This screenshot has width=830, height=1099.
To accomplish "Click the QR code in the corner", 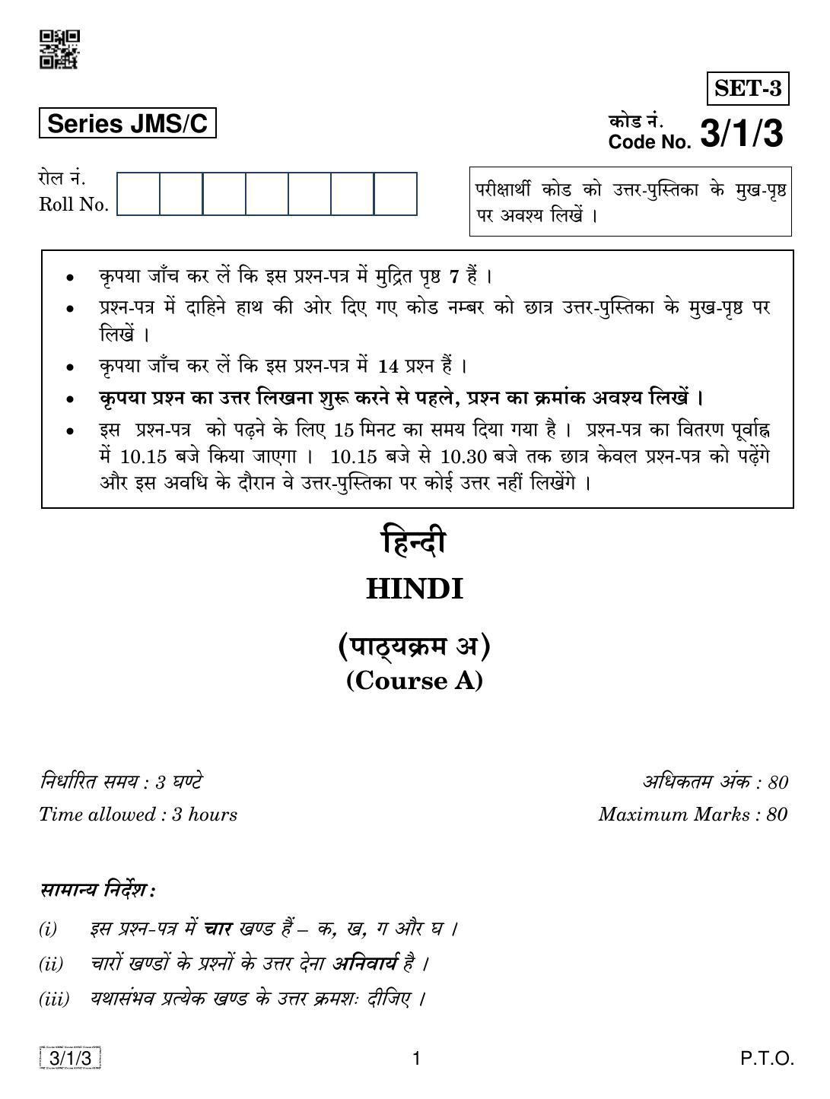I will (59, 49).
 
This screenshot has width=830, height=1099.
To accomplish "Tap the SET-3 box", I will (747, 89).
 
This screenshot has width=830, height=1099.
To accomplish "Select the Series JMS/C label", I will (127, 124).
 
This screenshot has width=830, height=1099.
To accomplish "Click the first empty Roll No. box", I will (138, 194).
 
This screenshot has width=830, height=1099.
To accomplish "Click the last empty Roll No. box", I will (396, 194).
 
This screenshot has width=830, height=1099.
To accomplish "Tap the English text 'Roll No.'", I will (74, 205).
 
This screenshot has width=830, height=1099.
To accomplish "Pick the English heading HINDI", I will (415, 589).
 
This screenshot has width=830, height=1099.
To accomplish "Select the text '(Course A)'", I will (415, 680).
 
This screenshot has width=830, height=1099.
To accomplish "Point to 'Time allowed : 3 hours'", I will (138, 815).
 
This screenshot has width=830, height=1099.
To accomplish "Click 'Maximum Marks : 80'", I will (692, 815).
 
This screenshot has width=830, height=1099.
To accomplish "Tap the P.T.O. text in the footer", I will (768, 1058).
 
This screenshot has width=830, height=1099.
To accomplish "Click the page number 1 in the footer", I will (415, 1058).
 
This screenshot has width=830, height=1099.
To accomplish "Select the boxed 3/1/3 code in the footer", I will (70, 1058).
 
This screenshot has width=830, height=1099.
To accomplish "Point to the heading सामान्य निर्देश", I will (97, 890).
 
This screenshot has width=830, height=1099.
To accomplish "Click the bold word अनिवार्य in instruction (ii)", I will (364, 964).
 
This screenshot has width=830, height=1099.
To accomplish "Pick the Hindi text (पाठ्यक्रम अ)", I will (415, 646).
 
